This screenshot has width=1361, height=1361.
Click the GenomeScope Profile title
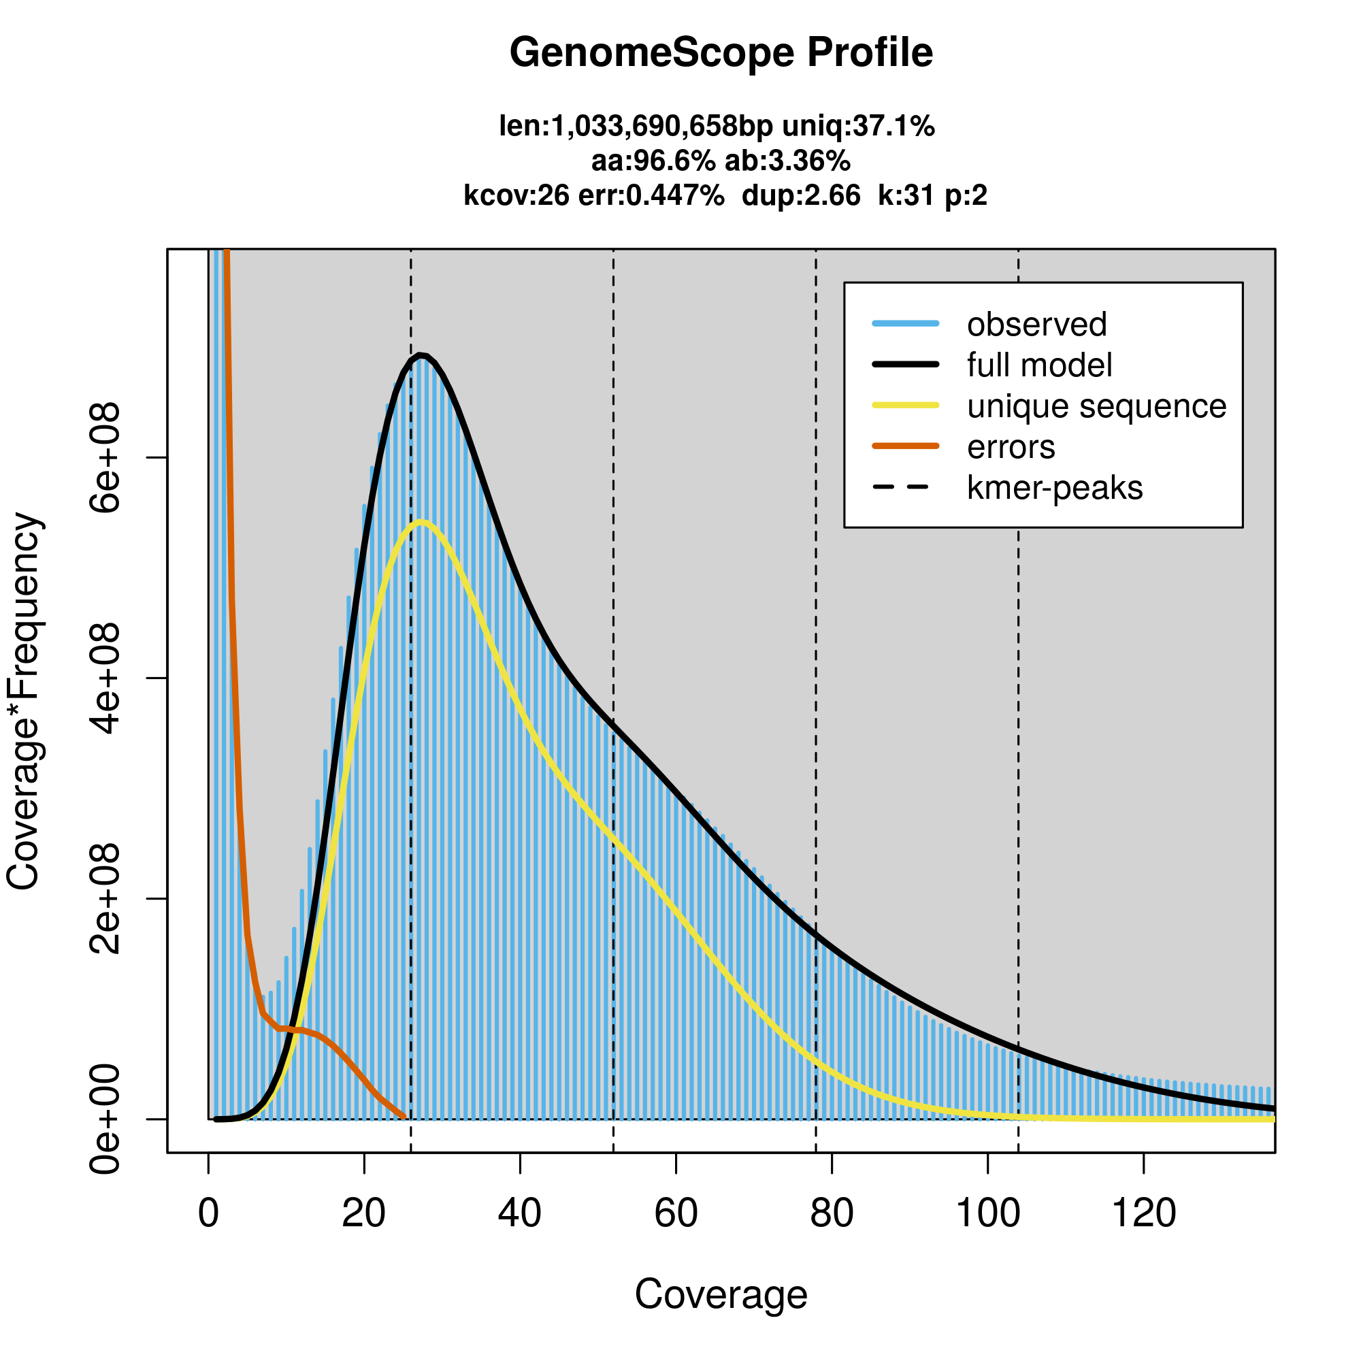(x=721, y=53)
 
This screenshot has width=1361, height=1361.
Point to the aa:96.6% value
(x=653, y=161)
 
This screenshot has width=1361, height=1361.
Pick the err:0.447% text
(x=651, y=196)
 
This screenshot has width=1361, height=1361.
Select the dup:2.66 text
(x=801, y=196)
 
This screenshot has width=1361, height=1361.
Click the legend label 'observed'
(x=1036, y=325)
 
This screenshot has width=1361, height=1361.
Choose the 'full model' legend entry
(x=1039, y=365)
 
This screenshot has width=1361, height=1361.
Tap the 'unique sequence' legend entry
(x=1096, y=406)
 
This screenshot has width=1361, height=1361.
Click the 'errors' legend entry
(x=1011, y=447)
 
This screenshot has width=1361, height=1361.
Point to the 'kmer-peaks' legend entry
(x=1055, y=488)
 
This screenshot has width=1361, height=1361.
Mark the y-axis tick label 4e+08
(x=105, y=678)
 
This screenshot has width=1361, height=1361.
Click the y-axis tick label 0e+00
(x=105, y=1119)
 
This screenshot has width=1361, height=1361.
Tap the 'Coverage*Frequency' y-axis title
(x=24, y=701)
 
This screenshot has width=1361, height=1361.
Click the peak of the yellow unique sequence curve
(x=421, y=522)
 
